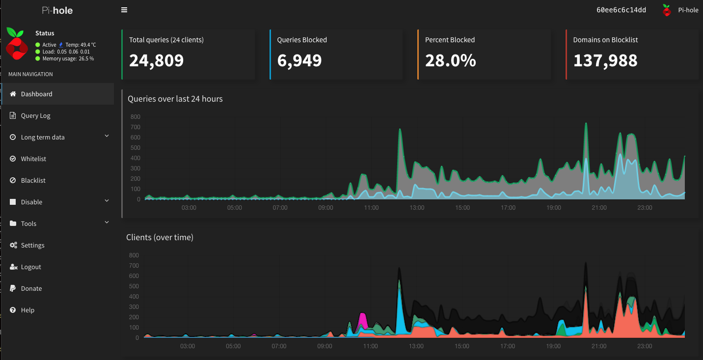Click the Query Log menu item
point(35,115)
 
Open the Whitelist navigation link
point(33,159)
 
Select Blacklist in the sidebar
point(33,180)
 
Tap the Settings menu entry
point(32,245)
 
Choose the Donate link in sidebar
point(31,288)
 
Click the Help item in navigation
point(27,310)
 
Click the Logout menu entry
point(31,267)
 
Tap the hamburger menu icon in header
point(124,10)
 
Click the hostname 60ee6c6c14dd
point(621,10)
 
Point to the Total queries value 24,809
point(156,60)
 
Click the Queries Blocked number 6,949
point(299,60)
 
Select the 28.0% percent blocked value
point(450,60)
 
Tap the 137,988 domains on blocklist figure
point(605,60)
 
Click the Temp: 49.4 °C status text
point(81,45)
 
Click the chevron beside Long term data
point(107,136)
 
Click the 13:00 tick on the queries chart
point(417,208)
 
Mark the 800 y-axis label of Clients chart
point(134,255)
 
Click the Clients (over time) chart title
point(160,237)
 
